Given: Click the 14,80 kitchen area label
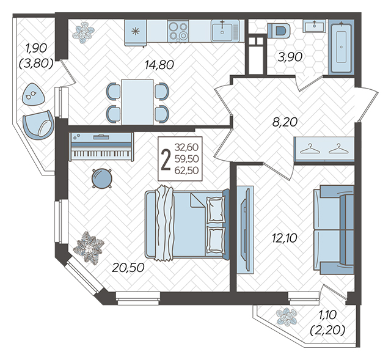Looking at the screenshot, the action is pos(159,65).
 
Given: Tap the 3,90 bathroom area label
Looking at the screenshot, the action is pos(290,57).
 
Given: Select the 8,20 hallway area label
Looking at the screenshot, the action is pos(285,122).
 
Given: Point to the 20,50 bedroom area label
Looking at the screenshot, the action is pos(128,268).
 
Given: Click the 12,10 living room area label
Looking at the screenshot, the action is pos(285,238).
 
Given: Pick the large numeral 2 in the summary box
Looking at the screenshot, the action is pos(166,159).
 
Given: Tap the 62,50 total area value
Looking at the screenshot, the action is pos(186,171).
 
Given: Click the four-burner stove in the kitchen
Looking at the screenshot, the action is pos(178,31).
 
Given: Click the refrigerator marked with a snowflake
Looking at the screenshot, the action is pos(136,32).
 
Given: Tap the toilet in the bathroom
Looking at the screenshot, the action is pos(279,31).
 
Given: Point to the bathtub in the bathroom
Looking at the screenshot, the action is pos(341,46).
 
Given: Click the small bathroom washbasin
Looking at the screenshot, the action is pos(315,26).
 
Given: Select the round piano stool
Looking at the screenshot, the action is pos(102,178).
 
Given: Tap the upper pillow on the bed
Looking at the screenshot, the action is pos(216,209).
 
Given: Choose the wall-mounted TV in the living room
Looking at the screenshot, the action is pos(246,230).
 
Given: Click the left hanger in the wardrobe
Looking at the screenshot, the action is pos(310,149).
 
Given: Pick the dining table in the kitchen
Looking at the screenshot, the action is pos(137,102).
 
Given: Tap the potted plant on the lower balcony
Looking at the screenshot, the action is pos(287,317).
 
